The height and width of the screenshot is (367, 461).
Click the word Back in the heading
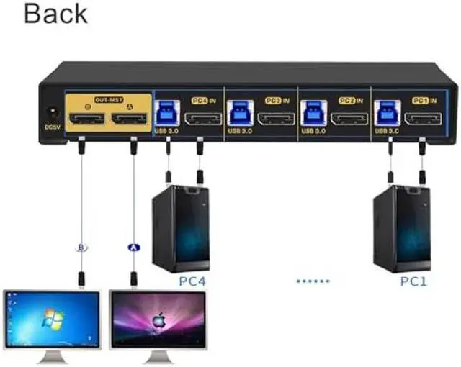click(55, 14)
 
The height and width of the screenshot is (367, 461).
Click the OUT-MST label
click(108, 100)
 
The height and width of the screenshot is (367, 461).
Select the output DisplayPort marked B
click(86, 118)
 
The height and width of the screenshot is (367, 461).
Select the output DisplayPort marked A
click(130, 118)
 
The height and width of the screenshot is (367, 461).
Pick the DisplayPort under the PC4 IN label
click(202, 118)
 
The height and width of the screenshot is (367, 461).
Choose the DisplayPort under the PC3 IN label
click(276, 118)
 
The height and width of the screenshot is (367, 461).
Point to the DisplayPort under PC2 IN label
click(349, 118)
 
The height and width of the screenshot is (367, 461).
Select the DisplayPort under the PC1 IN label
click(424, 118)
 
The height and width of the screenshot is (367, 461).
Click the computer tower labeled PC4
click(180, 228)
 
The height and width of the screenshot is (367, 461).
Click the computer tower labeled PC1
click(402, 228)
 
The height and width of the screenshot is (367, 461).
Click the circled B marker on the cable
click(81, 248)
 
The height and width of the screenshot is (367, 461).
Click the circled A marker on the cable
click(133, 248)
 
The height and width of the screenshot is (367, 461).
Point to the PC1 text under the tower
click(413, 281)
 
